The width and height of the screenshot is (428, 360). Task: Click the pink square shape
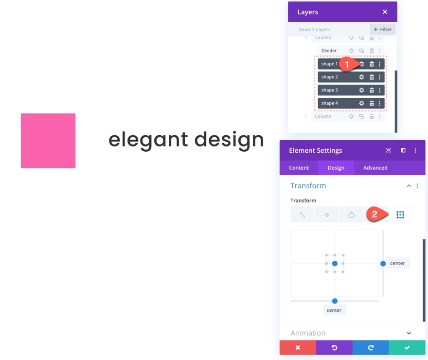(48, 141)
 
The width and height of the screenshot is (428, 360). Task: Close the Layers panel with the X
(385, 12)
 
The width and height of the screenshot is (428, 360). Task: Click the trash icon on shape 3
(372, 90)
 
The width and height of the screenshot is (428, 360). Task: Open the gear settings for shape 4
(361, 103)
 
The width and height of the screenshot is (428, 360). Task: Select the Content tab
(299, 168)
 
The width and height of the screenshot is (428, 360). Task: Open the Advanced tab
(375, 168)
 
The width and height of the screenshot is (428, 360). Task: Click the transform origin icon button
(400, 215)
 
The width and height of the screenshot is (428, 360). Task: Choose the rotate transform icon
(351, 215)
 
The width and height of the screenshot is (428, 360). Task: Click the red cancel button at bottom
(298, 348)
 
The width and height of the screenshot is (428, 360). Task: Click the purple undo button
(334, 348)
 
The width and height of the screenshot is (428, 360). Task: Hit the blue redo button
(371, 348)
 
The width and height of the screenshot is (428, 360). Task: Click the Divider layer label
(329, 51)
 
